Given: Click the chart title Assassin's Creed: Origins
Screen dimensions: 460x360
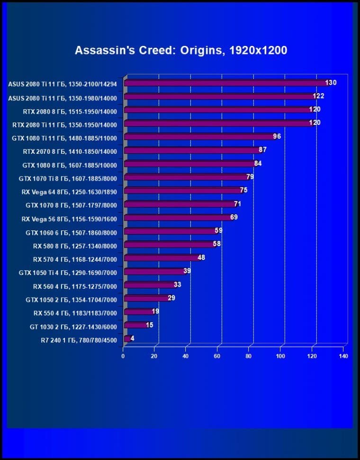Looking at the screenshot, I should pos(180,51).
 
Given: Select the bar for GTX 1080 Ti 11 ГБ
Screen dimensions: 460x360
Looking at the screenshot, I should pos(199,137).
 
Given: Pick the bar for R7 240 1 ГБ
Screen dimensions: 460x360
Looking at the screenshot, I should pos(127,338).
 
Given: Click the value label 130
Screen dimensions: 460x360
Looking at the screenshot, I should pos(331,83).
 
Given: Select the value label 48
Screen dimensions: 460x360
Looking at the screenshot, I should pos(201,257).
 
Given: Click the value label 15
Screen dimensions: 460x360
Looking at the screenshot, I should pos(149,325).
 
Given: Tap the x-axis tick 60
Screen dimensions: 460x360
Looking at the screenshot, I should pos(217,356).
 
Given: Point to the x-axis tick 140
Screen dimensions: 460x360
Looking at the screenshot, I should pos(343,356).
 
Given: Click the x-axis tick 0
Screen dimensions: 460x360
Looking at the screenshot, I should pos(123,356).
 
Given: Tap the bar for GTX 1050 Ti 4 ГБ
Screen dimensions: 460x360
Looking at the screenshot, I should pos(154,272).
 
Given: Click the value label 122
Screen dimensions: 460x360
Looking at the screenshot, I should pos(318,96).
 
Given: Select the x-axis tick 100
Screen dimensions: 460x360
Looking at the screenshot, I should pos(280,356).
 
